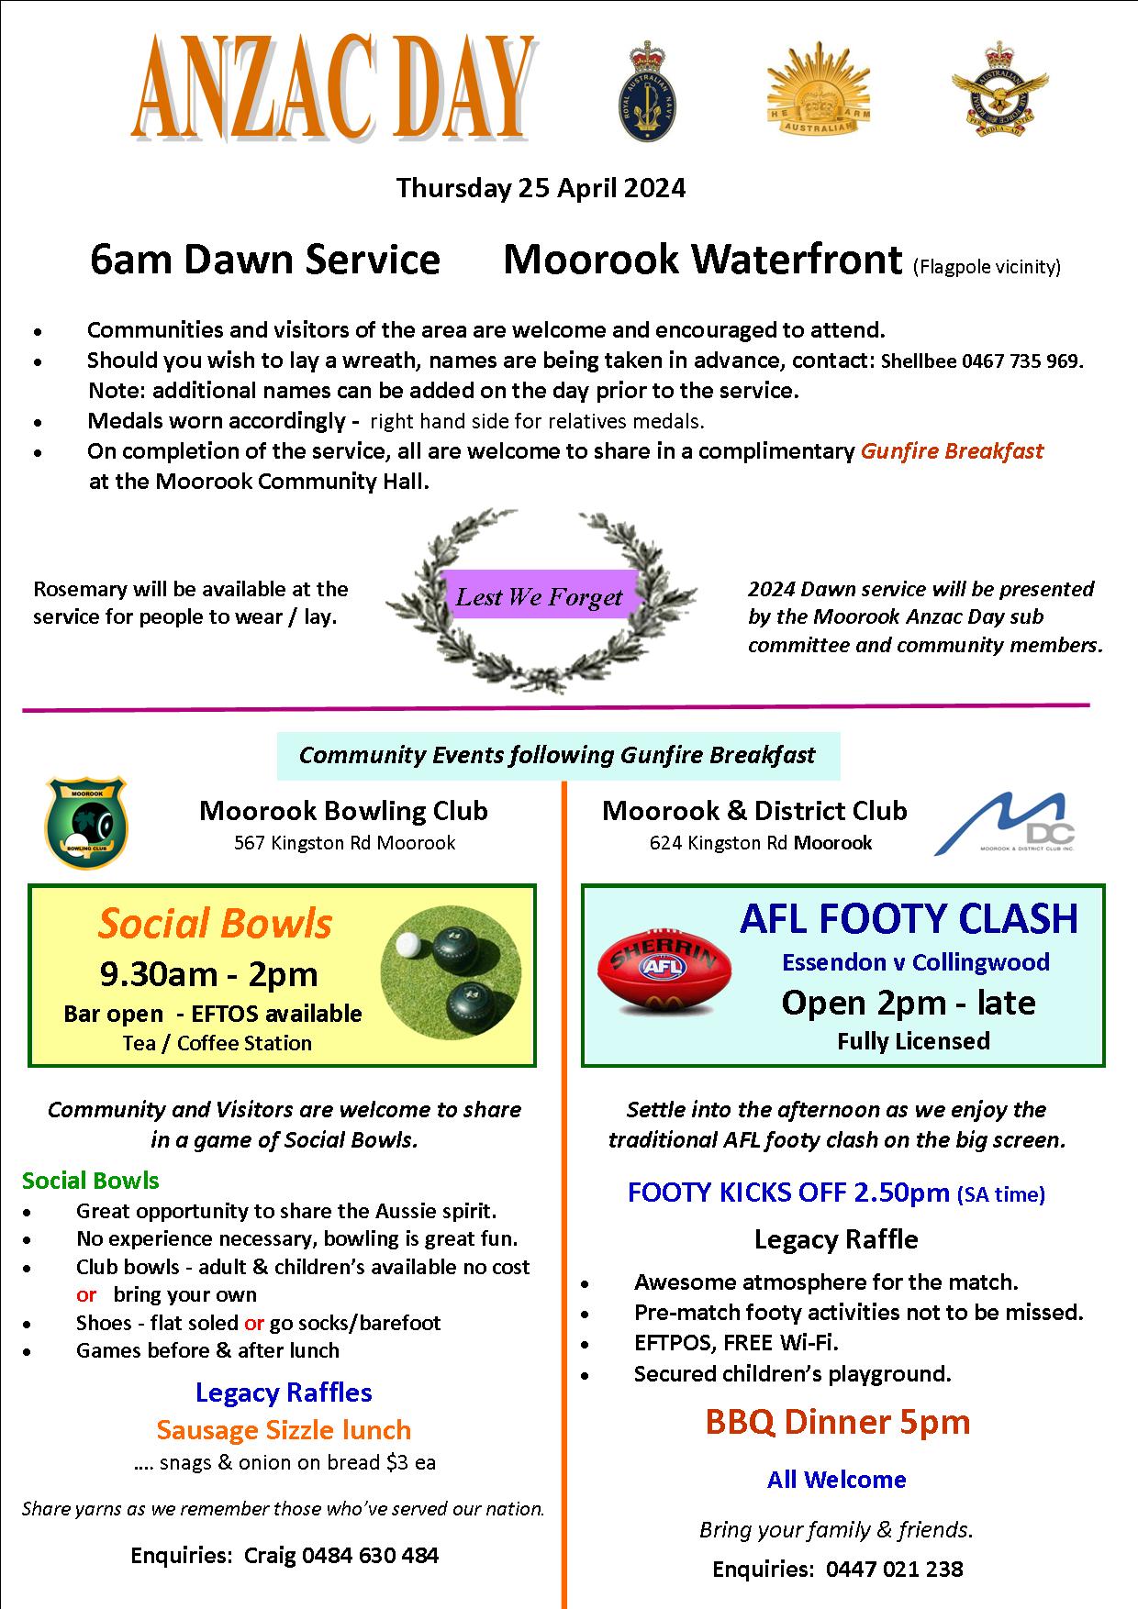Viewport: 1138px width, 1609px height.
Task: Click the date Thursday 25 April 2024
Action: pos(541,188)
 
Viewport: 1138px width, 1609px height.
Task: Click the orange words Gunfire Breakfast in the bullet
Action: pos(952,451)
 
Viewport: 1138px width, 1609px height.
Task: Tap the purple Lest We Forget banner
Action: pos(540,597)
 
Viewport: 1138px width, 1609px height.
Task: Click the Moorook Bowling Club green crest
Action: pos(86,822)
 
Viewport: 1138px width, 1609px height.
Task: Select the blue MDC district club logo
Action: pos(1005,824)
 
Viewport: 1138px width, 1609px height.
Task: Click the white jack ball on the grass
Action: pos(406,945)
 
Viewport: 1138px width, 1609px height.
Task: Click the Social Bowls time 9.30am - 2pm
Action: pos(208,973)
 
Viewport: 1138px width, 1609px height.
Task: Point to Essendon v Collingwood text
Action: pos(915,962)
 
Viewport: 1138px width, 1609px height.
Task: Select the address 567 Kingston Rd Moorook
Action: pos(344,843)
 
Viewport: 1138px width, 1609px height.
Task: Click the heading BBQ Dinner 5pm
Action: pos(837,1422)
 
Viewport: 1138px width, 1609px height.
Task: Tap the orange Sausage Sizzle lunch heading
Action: pos(284,1430)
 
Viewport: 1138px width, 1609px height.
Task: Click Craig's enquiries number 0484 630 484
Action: pos(370,1556)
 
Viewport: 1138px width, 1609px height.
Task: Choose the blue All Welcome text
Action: pos(837,1480)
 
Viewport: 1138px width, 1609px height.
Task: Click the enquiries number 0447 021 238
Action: pos(894,1570)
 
